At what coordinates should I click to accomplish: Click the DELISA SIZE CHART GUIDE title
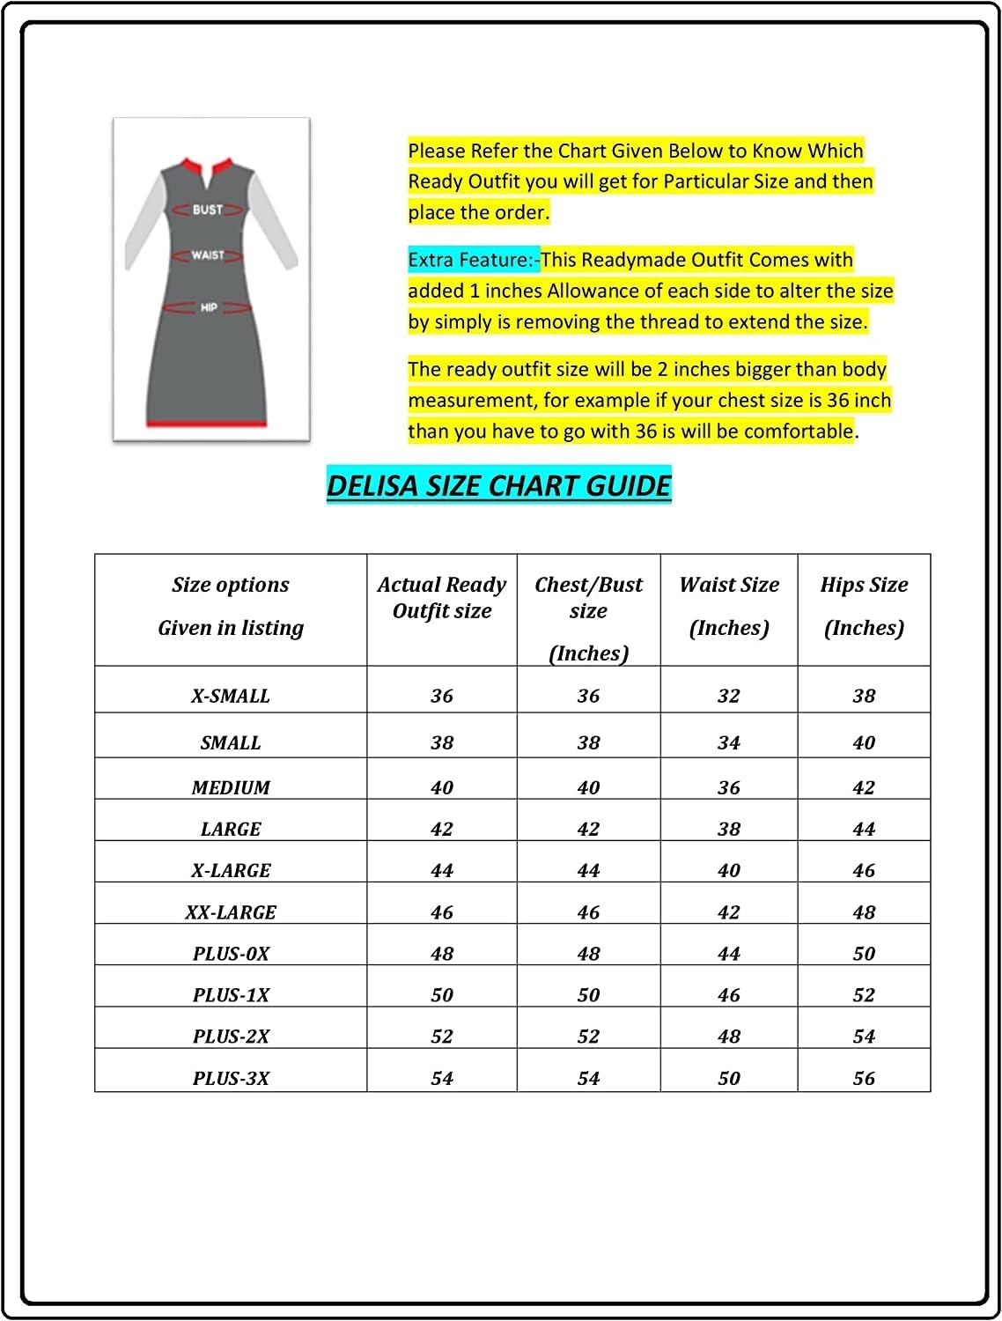point(498,485)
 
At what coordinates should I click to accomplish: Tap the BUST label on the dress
point(208,210)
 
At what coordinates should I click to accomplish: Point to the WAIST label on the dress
point(208,255)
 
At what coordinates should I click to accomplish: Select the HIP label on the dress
point(209,307)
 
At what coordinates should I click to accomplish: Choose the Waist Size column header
point(729,606)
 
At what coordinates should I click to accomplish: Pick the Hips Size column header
point(864,606)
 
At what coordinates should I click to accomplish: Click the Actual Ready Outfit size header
point(441,598)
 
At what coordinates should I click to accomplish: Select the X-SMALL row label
point(231,696)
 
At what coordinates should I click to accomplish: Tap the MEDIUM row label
point(231,787)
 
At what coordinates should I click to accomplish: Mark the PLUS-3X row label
point(231,1078)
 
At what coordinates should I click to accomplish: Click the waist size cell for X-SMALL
point(729,696)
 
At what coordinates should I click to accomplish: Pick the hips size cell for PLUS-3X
point(864,1078)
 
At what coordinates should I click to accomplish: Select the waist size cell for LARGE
point(729,829)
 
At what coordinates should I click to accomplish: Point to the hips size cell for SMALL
point(864,742)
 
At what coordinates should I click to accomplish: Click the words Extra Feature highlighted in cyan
point(473,260)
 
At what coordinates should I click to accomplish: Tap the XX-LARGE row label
point(231,912)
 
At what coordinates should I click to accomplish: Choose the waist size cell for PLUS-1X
point(729,995)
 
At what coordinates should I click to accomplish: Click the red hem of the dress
point(206,424)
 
